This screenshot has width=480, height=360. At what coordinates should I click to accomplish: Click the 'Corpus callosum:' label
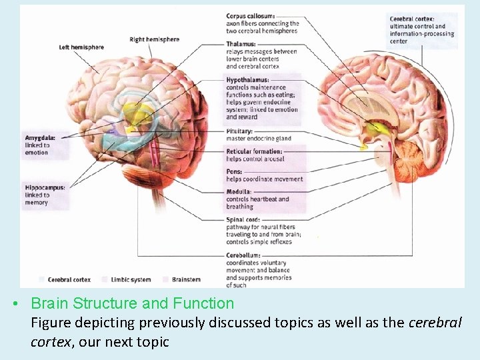251,16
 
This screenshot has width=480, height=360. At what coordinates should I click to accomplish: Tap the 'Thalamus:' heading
240,44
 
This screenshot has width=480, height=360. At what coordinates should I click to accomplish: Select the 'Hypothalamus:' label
247,80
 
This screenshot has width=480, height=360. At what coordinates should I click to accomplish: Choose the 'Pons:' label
235,171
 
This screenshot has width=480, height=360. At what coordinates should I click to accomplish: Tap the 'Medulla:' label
238,192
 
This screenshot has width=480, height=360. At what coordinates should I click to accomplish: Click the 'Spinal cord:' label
243,219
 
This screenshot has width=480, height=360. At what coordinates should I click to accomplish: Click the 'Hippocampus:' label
45,187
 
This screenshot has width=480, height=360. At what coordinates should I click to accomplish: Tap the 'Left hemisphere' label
81,47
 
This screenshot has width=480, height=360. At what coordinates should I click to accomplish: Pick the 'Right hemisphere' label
154,39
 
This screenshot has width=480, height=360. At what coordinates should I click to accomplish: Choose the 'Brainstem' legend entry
186,280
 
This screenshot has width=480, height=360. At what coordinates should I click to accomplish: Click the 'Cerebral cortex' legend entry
69,280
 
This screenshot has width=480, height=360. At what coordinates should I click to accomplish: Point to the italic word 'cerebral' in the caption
434,323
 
